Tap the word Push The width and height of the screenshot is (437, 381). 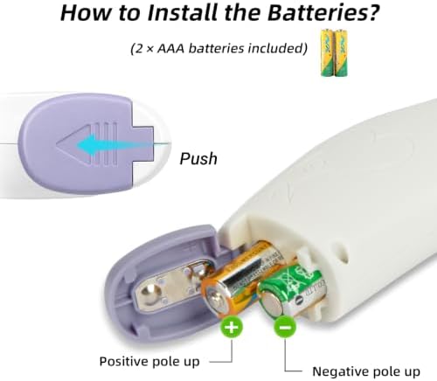[198, 159]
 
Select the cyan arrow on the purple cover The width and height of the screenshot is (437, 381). [115, 144]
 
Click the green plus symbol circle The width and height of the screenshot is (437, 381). [232, 327]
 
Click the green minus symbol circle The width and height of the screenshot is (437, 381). [285, 327]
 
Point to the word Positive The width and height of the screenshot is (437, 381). [125, 362]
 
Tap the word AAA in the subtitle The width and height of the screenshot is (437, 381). [170, 48]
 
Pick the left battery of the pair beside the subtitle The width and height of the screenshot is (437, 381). [328, 52]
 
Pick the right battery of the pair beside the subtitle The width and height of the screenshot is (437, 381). [341, 52]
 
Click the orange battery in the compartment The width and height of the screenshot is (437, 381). [242, 280]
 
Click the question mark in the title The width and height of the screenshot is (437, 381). [371, 12]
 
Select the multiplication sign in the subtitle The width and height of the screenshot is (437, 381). [149, 49]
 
